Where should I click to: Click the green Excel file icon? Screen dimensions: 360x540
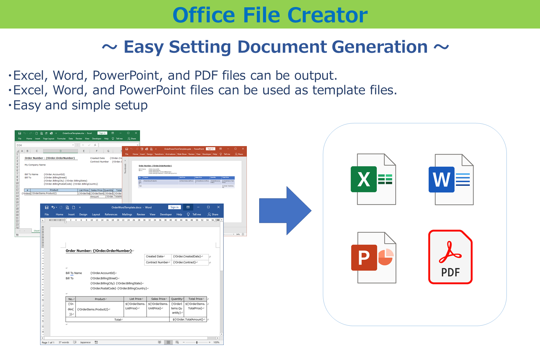(x=373, y=179)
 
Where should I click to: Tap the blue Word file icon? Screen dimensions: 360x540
(x=451, y=180)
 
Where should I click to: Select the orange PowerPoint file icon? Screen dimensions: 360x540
(x=373, y=257)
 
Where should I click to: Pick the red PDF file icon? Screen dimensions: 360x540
(x=450, y=257)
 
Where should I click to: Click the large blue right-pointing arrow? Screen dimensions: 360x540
(x=285, y=211)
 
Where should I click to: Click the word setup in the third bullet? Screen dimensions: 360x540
(x=130, y=105)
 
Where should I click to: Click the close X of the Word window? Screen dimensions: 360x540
(x=218, y=207)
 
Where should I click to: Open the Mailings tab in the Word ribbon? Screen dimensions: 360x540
(x=127, y=214)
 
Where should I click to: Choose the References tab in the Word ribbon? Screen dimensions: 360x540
(x=111, y=214)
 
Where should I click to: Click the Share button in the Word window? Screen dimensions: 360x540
(x=213, y=214)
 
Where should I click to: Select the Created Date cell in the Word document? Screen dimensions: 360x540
(x=155, y=256)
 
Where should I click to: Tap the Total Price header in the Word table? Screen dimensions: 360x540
(x=196, y=299)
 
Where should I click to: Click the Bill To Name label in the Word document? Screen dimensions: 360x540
(x=74, y=273)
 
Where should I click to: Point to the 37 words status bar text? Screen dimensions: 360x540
(x=64, y=342)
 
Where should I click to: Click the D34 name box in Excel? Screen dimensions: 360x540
(x=19, y=145)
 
